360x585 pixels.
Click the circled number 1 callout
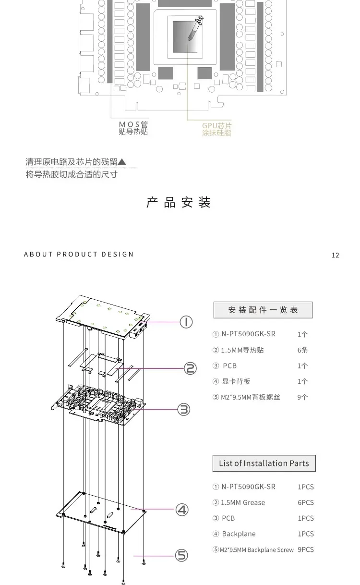click(x=186, y=322)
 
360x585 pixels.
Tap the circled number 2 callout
click(x=191, y=368)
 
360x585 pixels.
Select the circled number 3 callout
click(x=184, y=410)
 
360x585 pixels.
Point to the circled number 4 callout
click(x=182, y=509)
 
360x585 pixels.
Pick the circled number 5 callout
click(x=181, y=556)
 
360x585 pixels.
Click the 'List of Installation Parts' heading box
click(x=264, y=463)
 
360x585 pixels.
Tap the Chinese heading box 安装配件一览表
click(x=263, y=310)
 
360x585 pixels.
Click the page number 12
click(x=335, y=255)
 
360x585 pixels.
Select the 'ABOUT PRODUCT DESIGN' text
click(x=79, y=254)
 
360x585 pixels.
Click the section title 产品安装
click(x=179, y=203)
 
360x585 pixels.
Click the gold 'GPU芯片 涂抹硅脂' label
click(x=216, y=129)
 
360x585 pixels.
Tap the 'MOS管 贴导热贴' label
click(x=133, y=128)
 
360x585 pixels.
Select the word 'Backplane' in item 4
click(x=239, y=534)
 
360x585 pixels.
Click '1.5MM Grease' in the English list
click(x=243, y=503)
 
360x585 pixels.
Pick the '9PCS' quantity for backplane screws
click(x=305, y=549)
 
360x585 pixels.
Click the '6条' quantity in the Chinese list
click(x=302, y=350)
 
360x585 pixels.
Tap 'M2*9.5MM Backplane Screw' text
click(x=256, y=550)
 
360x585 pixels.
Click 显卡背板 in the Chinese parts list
click(x=236, y=382)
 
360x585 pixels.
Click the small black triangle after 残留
click(x=122, y=162)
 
